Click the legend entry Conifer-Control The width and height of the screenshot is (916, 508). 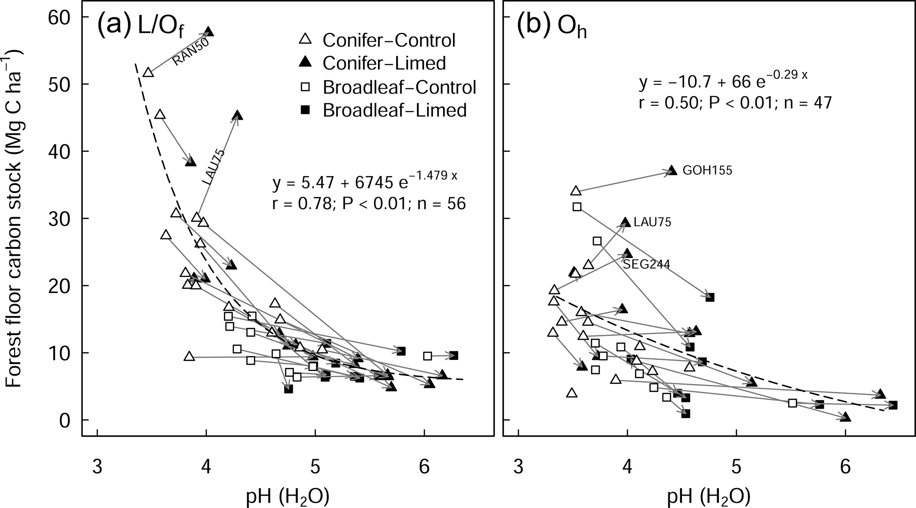[x=389, y=40]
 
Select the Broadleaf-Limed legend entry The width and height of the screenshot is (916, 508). [x=394, y=109]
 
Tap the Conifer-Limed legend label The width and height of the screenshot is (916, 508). [x=384, y=63]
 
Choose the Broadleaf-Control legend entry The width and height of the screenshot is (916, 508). [x=399, y=87]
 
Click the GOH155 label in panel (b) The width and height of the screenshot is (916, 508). [x=707, y=170]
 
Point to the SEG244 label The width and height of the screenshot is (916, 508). [x=646, y=265]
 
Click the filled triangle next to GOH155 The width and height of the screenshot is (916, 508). [x=672, y=170]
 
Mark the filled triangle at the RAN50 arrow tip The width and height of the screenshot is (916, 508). [x=208, y=32]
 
